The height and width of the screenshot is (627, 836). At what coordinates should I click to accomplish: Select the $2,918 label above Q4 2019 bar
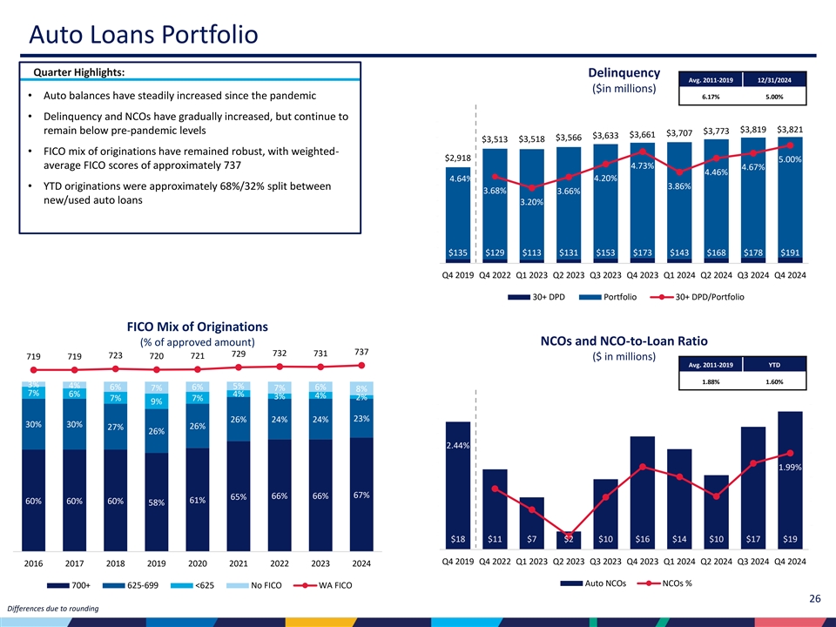pos(458,158)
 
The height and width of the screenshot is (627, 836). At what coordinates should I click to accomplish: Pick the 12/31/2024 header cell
pos(776,80)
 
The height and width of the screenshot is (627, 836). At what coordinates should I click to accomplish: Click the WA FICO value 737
pos(361,351)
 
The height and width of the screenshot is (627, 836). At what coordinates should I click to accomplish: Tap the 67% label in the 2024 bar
pos(361,496)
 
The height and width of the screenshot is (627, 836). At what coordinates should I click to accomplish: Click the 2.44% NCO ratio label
pos(459,446)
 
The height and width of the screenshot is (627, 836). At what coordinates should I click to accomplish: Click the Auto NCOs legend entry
pos(604,583)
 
